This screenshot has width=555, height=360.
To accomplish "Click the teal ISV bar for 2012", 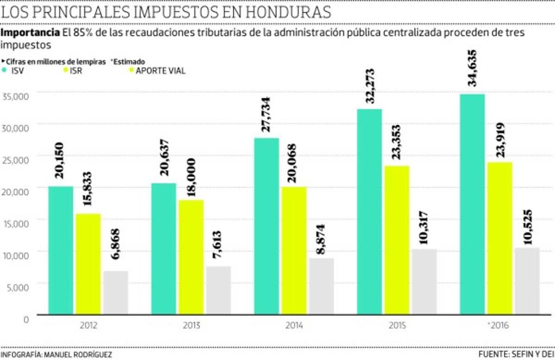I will click(61, 250).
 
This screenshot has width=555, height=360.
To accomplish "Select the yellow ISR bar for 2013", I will click(191, 257).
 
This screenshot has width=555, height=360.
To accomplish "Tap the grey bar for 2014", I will click(321, 286).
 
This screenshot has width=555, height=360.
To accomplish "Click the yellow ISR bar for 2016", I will click(499, 238).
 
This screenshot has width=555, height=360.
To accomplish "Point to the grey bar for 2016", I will click(527, 280).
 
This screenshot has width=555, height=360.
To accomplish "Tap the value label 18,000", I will click(191, 179).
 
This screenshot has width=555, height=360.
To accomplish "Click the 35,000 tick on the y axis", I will click(16, 96).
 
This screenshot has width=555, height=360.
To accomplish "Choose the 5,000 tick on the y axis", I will click(18, 286).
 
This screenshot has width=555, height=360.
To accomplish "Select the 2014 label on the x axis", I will click(294, 326).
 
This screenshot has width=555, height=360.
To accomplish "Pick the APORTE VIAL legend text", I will click(160, 71).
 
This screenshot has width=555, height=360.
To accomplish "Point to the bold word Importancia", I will click(30, 33).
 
